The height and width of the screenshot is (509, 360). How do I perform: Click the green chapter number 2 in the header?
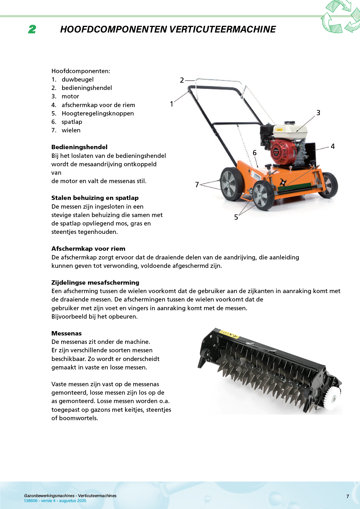[x=32, y=29]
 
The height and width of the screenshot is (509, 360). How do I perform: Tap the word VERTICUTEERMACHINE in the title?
[x=222, y=29]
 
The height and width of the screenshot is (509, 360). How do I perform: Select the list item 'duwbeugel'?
[x=78, y=80]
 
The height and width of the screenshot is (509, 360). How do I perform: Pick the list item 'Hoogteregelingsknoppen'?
[x=98, y=113]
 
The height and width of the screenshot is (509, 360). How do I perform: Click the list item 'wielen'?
[x=71, y=130]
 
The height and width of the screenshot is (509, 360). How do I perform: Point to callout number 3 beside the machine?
[x=318, y=113]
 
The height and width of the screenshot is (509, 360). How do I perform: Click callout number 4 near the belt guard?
[x=333, y=147]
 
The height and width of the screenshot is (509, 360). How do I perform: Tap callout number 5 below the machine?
[x=236, y=217]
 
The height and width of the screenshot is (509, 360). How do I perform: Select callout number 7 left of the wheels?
[x=197, y=185]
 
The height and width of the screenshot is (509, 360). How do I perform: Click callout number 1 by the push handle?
[x=172, y=104]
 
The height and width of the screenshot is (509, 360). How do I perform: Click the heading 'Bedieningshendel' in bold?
[x=79, y=147]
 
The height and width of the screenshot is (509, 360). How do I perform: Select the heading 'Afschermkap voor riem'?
[x=88, y=249]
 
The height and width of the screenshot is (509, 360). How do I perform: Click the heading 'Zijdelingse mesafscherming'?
[x=95, y=283]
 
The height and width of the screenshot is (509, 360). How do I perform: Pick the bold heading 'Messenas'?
[x=66, y=333]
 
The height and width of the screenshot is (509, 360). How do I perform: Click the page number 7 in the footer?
[x=348, y=497]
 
